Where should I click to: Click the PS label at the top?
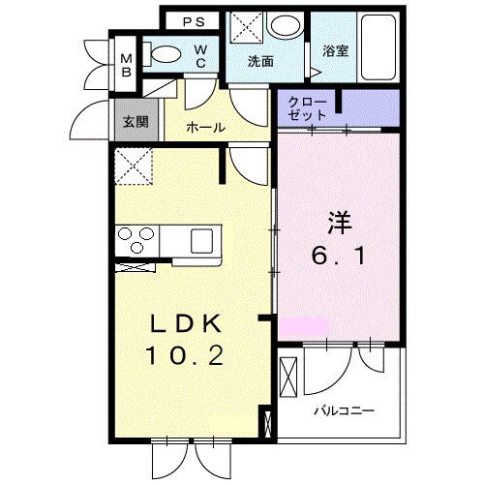(x=194, y=20)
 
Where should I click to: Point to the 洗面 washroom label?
(x=260, y=60)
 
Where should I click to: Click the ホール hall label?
(x=204, y=127)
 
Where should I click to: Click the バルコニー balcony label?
(x=345, y=410)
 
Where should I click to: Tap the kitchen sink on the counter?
(x=204, y=239)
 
